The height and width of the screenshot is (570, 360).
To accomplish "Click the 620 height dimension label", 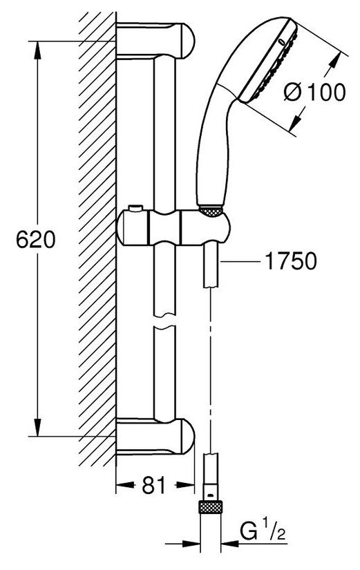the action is (36, 240).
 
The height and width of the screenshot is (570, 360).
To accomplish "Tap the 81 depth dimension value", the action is (154, 484).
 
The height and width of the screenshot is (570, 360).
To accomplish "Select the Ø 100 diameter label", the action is (314, 92).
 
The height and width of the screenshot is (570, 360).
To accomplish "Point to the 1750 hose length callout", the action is (290, 261).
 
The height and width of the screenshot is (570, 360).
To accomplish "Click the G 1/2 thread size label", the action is (263, 532).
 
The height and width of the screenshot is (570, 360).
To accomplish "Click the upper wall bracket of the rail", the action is (155, 41).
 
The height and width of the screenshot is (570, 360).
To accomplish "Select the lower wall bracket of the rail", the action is (155, 436).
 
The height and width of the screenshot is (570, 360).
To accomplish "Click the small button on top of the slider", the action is (135, 208).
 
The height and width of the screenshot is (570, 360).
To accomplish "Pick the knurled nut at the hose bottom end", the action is (211, 506).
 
